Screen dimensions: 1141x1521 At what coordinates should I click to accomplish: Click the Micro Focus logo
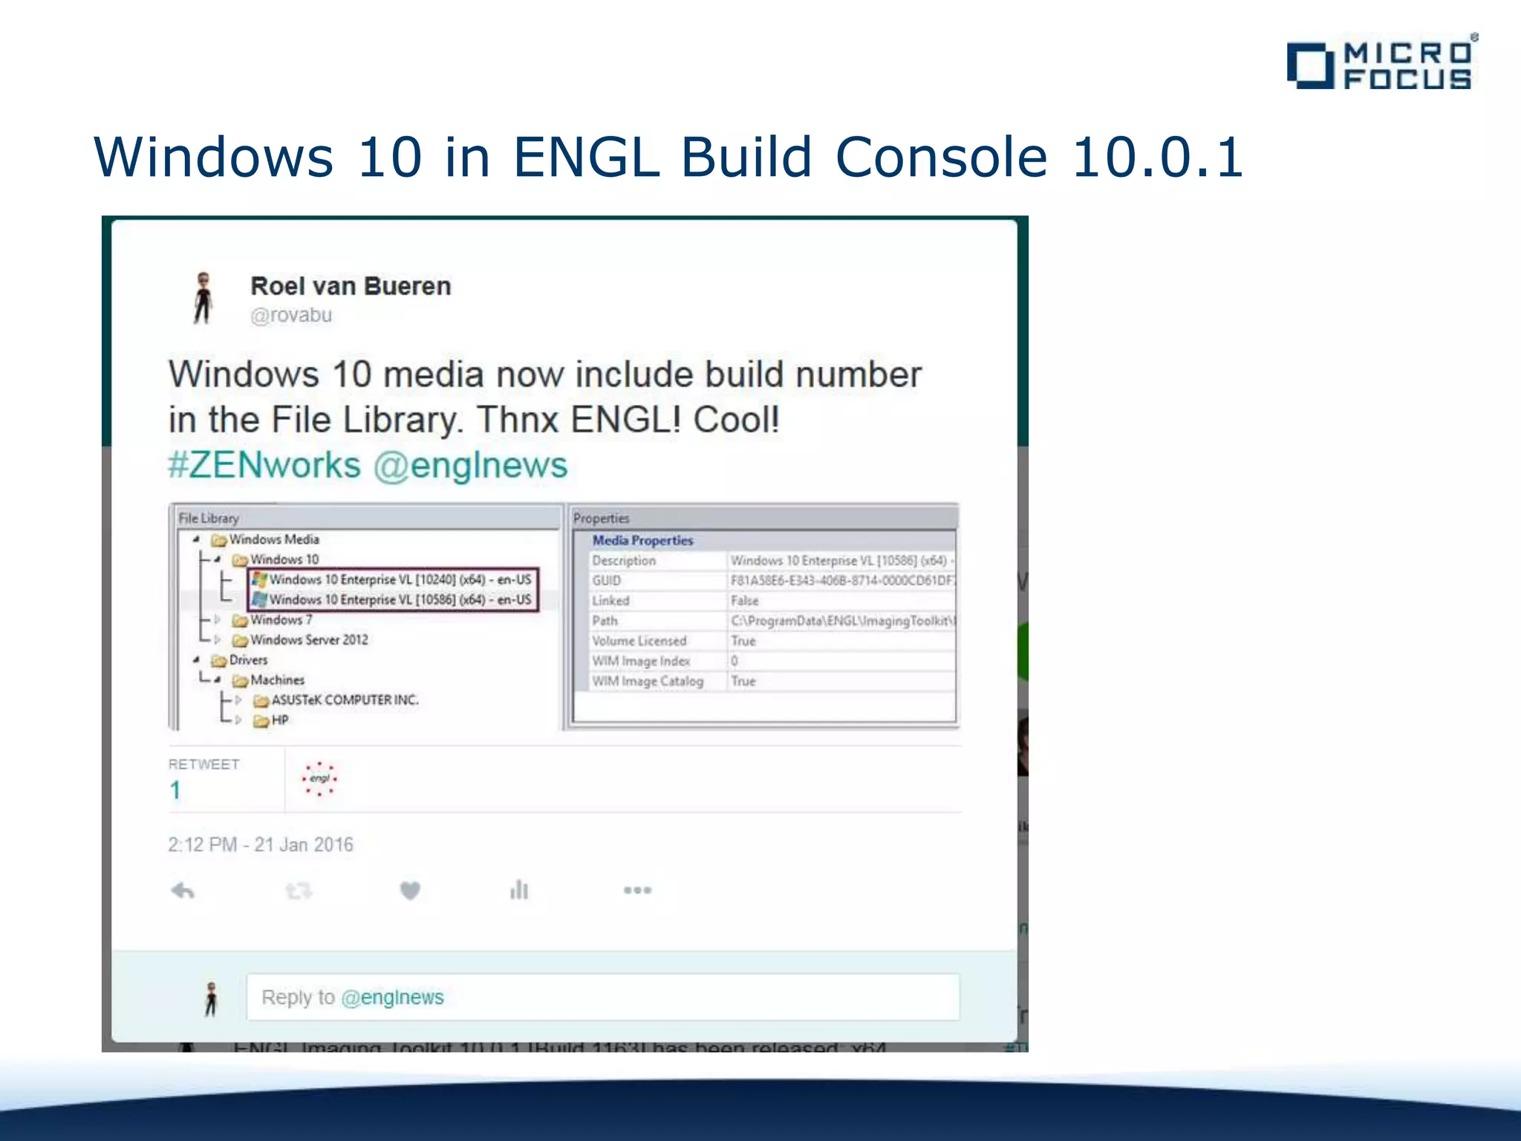click(x=1381, y=65)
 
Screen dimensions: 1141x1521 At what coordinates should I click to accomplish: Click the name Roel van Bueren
click(x=351, y=286)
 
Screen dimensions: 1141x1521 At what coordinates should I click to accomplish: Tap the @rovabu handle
click(x=291, y=315)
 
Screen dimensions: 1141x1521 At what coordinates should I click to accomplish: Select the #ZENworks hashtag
click(x=264, y=466)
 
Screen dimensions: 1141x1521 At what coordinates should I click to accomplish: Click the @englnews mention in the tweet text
click(x=470, y=466)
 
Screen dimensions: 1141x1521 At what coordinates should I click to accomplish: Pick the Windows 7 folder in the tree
click(x=280, y=620)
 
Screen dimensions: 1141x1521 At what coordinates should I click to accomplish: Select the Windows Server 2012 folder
click(x=308, y=640)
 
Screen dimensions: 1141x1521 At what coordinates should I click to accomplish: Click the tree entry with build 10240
click(x=400, y=579)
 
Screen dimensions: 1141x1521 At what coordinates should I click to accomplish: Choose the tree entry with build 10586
click(x=400, y=599)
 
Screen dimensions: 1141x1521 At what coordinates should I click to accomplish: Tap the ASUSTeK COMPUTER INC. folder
click(x=345, y=700)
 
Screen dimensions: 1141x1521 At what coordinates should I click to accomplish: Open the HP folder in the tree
click(x=279, y=720)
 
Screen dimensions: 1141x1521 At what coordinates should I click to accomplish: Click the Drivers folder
click(x=247, y=660)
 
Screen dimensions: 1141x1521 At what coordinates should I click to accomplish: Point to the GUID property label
click(x=607, y=580)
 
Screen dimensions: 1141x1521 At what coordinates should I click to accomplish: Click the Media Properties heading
click(x=642, y=541)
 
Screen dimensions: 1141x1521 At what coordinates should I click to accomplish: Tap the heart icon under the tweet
click(x=410, y=890)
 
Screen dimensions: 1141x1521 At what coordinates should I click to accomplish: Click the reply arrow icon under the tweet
click(x=183, y=890)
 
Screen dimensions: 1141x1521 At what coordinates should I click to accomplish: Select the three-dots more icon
click(x=637, y=890)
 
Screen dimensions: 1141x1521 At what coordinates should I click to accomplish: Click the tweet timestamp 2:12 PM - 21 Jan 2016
click(x=261, y=845)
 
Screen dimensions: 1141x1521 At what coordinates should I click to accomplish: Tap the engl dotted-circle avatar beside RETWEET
click(x=320, y=778)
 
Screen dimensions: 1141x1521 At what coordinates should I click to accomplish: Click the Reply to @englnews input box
click(x=602, y=997)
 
